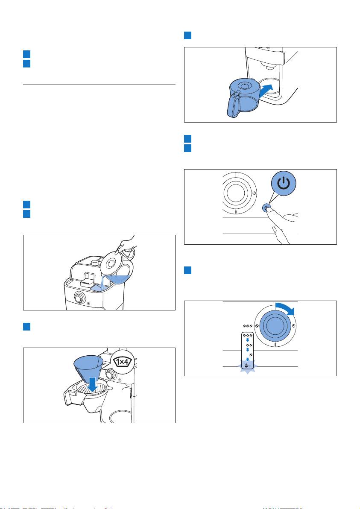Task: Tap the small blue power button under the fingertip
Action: point(266,208)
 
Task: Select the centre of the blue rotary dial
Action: point(275,326)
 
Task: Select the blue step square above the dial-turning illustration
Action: point(187,271)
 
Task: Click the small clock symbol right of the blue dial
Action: point(294,326)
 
